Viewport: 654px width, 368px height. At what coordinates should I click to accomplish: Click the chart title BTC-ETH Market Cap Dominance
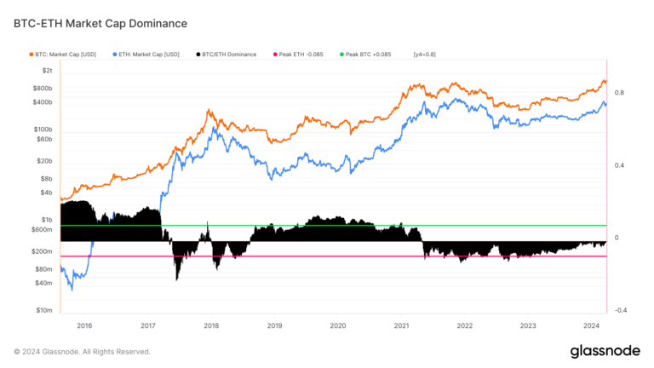click(100, 23)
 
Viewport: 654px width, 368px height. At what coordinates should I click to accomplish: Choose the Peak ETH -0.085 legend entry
click(303, 54)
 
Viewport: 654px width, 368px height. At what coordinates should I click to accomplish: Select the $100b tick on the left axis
click(42, 129)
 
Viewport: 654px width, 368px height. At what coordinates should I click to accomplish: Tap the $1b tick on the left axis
click(46, 220)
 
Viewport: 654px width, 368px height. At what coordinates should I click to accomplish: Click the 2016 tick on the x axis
click(84, 325)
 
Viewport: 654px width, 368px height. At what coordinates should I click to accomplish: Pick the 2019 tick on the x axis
click(274, 325)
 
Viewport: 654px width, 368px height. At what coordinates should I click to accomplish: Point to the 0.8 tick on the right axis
click(619, 93)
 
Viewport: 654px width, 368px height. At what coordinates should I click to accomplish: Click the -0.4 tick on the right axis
click(619, 311)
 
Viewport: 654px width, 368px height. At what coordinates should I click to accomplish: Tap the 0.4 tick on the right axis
click(619, 165)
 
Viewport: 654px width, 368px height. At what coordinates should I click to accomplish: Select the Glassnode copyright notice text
click(82, 351)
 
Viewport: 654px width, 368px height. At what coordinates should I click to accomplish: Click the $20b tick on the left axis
click(44, 160)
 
